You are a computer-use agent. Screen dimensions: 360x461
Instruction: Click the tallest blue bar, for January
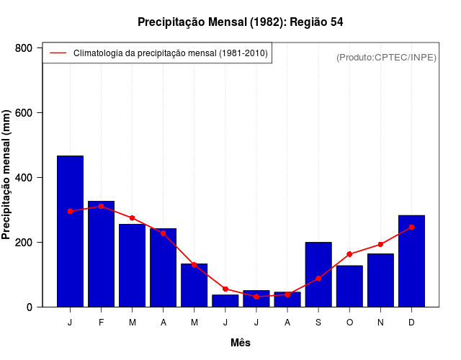(70, 231)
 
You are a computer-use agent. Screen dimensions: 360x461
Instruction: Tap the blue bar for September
(318, 274)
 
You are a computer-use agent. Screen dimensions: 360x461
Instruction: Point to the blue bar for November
(380, 280)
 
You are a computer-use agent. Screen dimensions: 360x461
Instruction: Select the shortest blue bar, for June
(225, 300)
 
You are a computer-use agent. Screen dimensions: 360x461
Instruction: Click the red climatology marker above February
(101, 206)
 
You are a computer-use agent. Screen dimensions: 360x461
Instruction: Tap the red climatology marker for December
(411, 227)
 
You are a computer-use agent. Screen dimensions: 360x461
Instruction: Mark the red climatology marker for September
(318, 279)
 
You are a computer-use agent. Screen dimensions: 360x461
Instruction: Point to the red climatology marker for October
(349, 254)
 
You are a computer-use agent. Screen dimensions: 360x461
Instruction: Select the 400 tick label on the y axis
(24, 178)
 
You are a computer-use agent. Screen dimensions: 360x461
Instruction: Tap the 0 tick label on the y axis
(29, 307)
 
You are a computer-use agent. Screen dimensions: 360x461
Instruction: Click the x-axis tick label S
(318, 323)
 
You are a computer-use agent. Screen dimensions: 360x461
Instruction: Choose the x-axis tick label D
(411, 323)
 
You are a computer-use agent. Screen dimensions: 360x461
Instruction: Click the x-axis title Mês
(241, 343)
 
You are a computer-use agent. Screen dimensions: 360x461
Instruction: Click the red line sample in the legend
(58, 53)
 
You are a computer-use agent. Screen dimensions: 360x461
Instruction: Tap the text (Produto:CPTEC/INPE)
(386, 57)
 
